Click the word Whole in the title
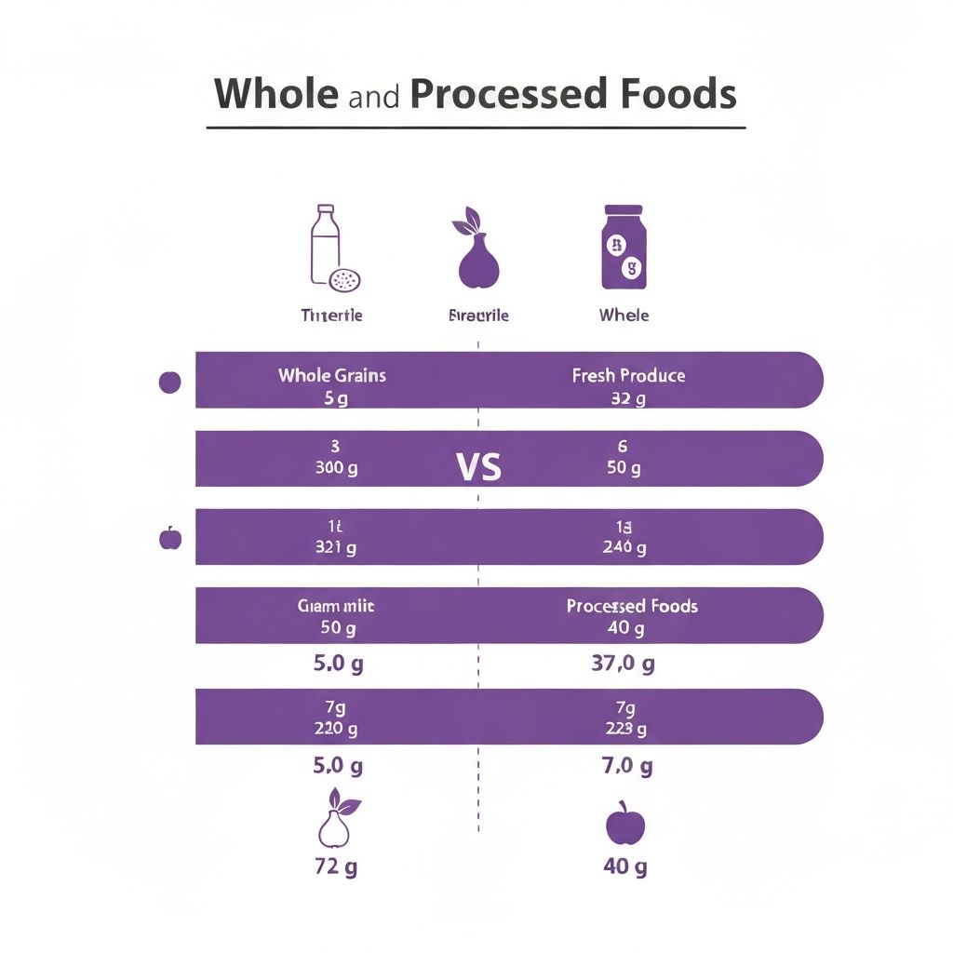click(275, 94)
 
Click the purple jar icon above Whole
click(624, 248)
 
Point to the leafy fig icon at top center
click(477, 249)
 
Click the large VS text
click(479, 466)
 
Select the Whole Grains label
click(331, 376)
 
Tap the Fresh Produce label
click(628, 376)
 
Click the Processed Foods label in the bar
click(631, 606)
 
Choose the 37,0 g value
click(623, 664)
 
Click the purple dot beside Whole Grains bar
click(170, 382)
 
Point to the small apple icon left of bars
click(170, 537)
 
